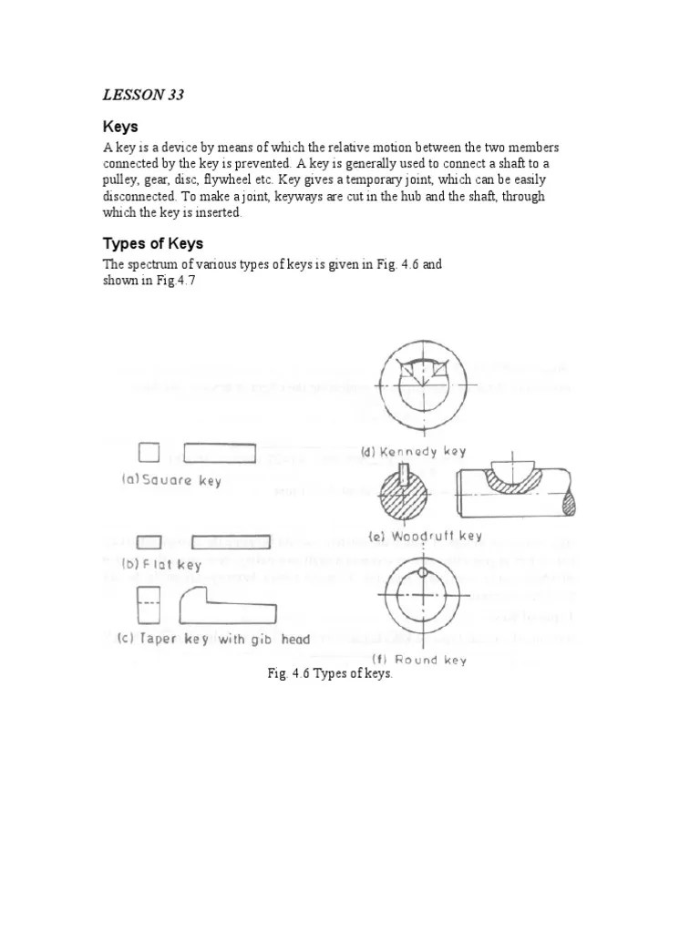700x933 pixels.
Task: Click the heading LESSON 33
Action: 142,95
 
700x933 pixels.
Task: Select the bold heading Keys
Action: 120,127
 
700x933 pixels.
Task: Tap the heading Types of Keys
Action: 152,243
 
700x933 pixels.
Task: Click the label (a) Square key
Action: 172,479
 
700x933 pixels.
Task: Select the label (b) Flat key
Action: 161,564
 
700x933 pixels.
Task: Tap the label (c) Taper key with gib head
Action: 215,640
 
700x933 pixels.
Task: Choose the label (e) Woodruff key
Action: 425,536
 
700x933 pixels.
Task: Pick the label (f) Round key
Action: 418,659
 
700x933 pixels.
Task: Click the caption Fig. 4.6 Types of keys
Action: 329,674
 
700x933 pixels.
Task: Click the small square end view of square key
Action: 149,453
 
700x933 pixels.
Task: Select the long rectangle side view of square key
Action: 220,453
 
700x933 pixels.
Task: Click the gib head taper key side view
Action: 228,606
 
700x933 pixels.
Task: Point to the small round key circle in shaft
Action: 424,572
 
